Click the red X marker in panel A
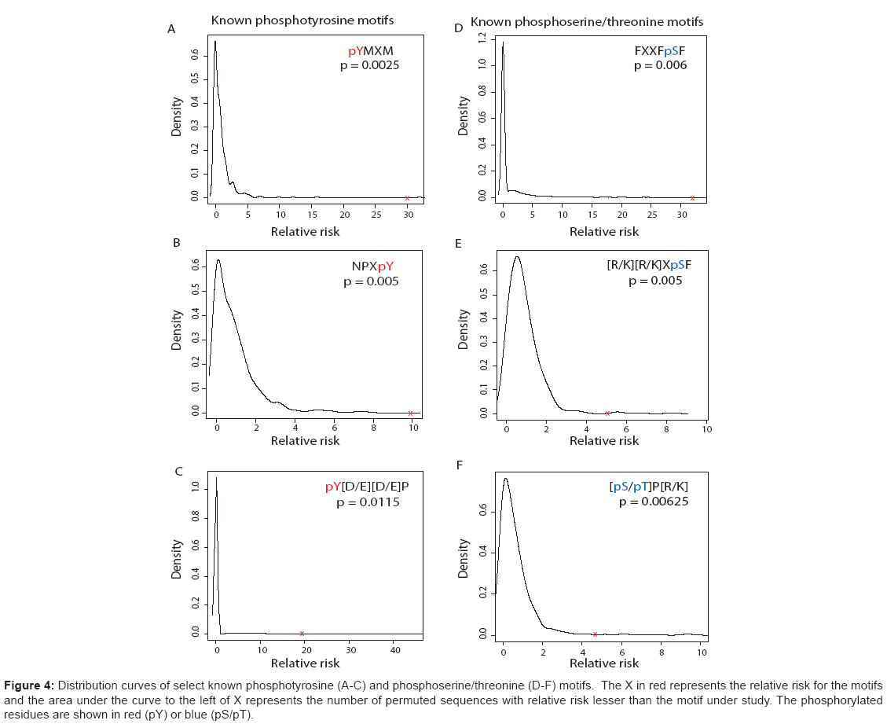(x=407, y=197)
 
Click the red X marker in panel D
(x=692, y=197)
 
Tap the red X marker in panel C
(x=302, y=634)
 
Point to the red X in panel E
(x=607, y=413)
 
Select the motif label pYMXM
(x=371, y=52)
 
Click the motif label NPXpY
(x=372, y=266)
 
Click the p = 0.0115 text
(x=368, y=502)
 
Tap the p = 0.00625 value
(x=654, y=502)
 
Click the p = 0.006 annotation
(x=661, y=66)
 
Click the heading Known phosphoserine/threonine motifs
(x=587, y=23)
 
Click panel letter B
(x=177, y=243)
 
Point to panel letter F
(x=460, y=465)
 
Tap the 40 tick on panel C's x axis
(x=395, y=650)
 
